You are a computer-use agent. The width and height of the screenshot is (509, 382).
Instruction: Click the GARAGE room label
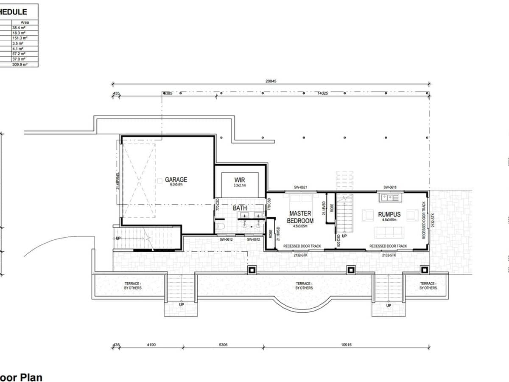point(176,180)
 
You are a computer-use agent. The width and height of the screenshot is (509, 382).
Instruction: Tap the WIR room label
point(240,180)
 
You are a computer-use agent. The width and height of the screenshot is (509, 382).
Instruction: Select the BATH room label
point(240,208)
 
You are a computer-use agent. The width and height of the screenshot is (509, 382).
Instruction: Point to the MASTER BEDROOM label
point(301,217)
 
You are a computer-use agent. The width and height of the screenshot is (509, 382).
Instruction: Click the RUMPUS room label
point(389,214)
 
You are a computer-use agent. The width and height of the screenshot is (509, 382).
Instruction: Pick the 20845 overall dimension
point(271,81)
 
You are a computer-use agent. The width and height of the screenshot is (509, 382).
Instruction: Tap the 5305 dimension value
point(223,345)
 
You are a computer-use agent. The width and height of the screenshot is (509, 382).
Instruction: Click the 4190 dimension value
point(151,345)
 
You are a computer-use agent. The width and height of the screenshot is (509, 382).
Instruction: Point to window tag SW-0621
point(300,187)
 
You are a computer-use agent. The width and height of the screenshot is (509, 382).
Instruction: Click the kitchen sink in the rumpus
point(389,197)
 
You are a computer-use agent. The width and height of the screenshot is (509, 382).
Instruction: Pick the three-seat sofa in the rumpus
point(389,232)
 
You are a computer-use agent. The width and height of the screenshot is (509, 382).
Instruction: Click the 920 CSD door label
point(338,240)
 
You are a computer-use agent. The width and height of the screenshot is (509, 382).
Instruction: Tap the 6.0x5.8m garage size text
point(176,185)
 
